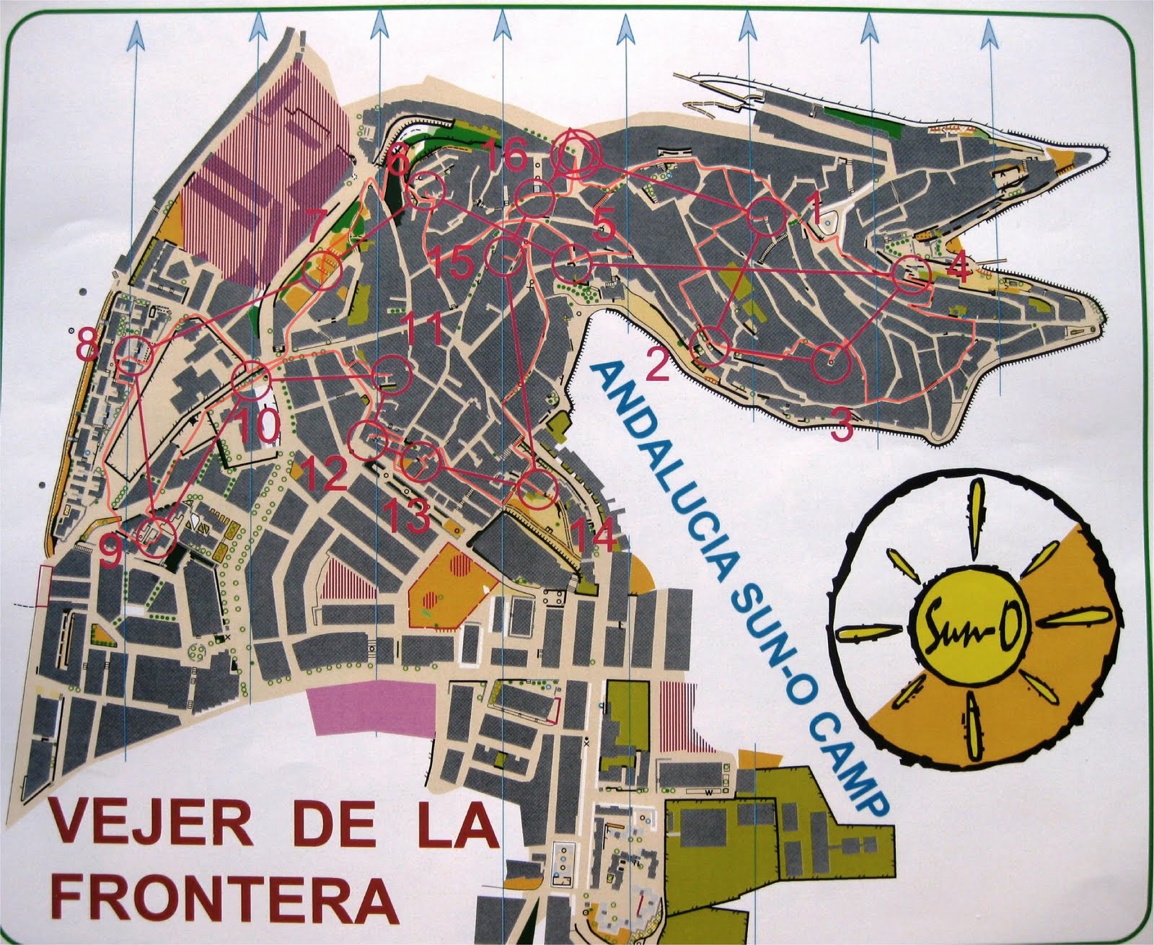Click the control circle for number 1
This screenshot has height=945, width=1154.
pos(765,216)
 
